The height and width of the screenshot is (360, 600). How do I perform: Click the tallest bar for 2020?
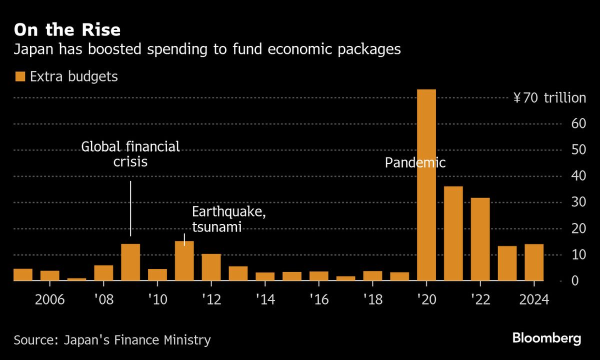click(426, 185)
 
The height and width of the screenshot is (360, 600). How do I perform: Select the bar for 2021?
click(453, 233)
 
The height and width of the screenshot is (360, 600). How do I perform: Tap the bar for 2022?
click(480, 239)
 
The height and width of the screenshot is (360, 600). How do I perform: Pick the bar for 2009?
click(130, 262)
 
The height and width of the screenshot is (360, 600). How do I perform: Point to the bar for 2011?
click(184, 261)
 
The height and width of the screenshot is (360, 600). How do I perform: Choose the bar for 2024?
click(534, 262)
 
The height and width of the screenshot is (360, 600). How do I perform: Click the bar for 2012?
click(211, 267)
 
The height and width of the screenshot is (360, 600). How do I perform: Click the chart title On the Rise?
click(67, 30)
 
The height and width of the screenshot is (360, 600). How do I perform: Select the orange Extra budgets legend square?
click(20, 76)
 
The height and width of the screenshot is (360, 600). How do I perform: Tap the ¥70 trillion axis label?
click(549, 98)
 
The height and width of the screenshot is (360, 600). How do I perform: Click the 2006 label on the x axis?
click(50, 300)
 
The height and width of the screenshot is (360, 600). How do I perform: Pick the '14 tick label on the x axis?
click(265, 300)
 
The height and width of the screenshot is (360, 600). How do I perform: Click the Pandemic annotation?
click(415, 162)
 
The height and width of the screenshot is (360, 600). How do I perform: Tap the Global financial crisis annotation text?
click(130, 154)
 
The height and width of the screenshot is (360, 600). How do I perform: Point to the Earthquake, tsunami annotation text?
click(228, 219)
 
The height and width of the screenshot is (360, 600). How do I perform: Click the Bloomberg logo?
click(546, 338)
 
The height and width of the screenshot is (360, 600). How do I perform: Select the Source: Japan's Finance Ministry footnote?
click(112, 340)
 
